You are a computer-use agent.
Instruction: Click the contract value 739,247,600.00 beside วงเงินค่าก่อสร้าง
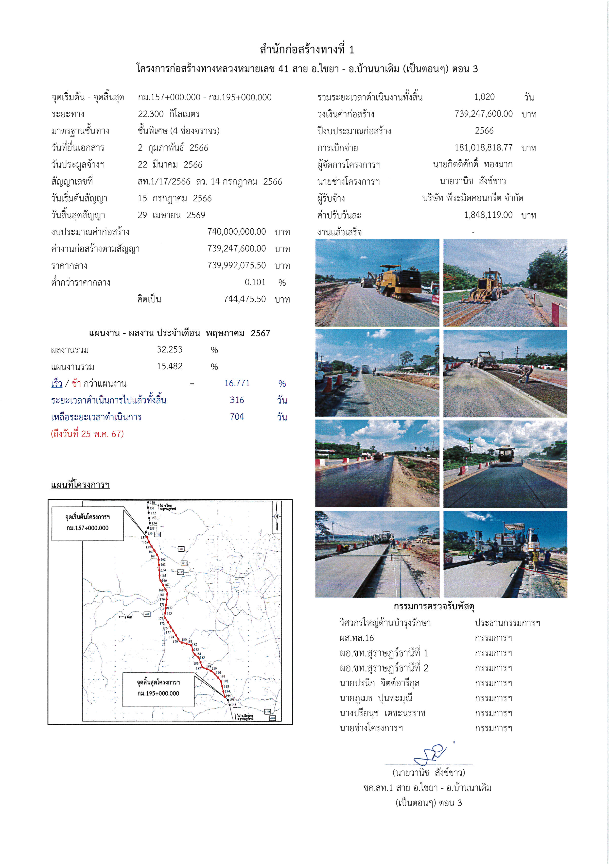[x=483, y=114]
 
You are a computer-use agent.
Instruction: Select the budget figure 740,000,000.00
[x=236, y=232]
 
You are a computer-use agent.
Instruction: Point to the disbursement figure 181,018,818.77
[x=483, y=148]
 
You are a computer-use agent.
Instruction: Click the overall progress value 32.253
[x=169, y=350]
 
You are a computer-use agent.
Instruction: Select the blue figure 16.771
[x=237, y=383]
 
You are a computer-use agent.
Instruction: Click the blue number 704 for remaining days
[x=237, y=417]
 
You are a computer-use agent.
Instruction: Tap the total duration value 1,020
[x=484, y=97]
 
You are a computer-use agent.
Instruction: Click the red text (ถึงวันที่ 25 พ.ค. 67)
[x=87, y=434]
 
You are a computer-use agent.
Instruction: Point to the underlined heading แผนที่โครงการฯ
[x=80, y=485]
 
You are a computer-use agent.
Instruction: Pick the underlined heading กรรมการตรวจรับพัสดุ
[x=434, y=606]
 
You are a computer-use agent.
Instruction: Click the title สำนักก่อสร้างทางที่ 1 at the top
[x=307, y=50]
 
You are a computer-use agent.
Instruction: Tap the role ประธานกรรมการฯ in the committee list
[x=507, y=623]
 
